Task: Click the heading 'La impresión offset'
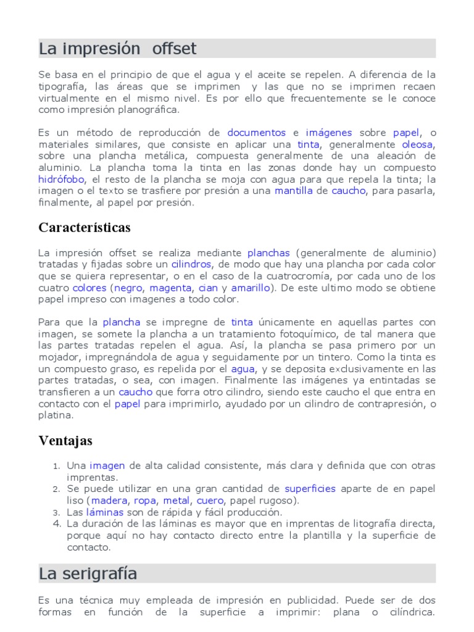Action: (118, 49)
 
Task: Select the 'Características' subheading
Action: (85, 228)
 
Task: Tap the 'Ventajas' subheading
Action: (65, 441)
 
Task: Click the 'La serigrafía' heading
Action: (88, 574)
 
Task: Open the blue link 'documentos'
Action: (256, 133)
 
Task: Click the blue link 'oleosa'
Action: (418, 144)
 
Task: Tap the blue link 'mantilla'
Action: (294, 191)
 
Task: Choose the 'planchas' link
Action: (268, 252)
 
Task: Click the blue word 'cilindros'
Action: (191, 264)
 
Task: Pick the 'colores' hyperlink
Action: (89, 288)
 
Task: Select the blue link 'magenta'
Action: (170, 288)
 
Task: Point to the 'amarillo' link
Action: (251, 288)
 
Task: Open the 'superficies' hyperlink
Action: (310, 489)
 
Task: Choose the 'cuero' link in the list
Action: (210, 501)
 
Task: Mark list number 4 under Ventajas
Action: (56, 524)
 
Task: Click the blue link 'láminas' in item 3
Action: (104, 512)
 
